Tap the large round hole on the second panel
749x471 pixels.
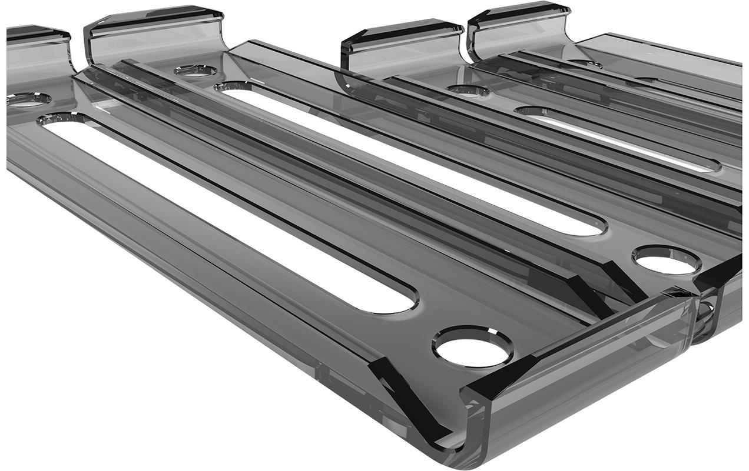pos(667,260)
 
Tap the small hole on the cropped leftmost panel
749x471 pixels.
pos(26,99)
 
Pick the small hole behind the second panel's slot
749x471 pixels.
pos(195,71)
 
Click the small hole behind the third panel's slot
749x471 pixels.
pos(468,91)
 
